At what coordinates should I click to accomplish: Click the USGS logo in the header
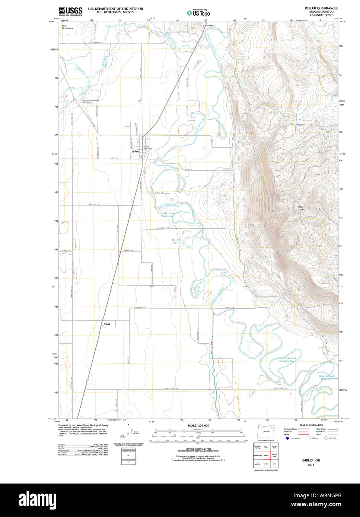(70, 11)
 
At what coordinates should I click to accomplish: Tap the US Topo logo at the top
(198, 13)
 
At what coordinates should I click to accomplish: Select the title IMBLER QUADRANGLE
(321, 8)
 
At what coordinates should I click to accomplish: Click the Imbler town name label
(136, 152)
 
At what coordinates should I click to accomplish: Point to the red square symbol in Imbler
(141, 157)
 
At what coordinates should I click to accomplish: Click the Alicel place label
(107, 324)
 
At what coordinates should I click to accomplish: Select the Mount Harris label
(301, 208)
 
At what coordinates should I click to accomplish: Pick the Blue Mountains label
(67, 27)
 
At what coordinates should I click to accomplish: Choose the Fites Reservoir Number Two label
(287, 360)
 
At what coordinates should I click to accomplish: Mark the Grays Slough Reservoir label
(326, 377)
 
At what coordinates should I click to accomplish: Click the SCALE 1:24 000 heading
(198, 426)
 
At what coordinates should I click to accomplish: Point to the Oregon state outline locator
(266, 431)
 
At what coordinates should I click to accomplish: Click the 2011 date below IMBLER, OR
(311, 465)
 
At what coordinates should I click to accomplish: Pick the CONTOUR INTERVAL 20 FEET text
(198, 449)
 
